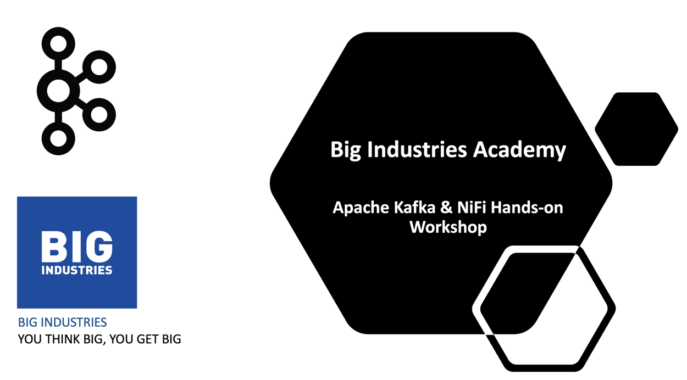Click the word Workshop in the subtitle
tap(448, 227)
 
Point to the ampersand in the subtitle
tap(446, 208)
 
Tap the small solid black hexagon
tap(636, 129)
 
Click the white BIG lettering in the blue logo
tap(77, 247)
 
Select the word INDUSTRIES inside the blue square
tap(77, 270)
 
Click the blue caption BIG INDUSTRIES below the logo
tap(62, 322)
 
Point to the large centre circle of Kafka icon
tap(59, 91)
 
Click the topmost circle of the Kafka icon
tap(59, 43)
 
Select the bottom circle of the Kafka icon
tap(59, 138)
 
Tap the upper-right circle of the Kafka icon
tap(99, 68)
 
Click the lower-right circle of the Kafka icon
tap(99, 114)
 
